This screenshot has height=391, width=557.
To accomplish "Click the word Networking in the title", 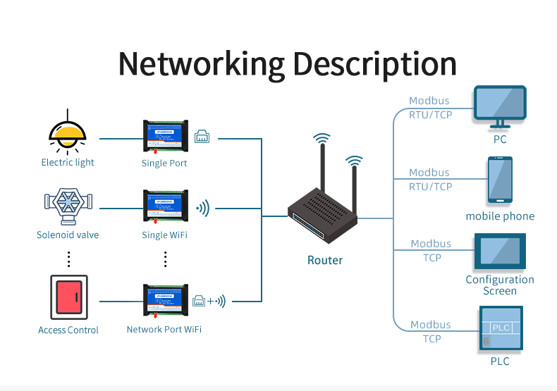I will coord(201,63).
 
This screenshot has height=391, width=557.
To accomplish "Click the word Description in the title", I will coord(374,65).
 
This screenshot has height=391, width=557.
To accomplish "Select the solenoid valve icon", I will coord(68,204).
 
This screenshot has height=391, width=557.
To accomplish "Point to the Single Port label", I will coord(164,163).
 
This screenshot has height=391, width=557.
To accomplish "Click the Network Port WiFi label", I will coord(164,329).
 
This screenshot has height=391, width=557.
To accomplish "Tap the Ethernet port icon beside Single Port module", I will coord(202,137).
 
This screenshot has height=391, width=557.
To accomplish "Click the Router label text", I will coord(325,260).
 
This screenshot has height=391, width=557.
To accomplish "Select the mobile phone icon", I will coord(500,180).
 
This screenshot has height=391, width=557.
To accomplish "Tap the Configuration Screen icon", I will coord(500,252).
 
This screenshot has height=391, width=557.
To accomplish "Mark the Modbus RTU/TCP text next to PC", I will coord(430,108).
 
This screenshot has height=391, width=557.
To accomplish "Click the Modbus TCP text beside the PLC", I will coord(430,332).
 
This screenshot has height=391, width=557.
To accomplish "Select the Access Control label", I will coord(68,330).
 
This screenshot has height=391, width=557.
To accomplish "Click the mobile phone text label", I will coord(500,216).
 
